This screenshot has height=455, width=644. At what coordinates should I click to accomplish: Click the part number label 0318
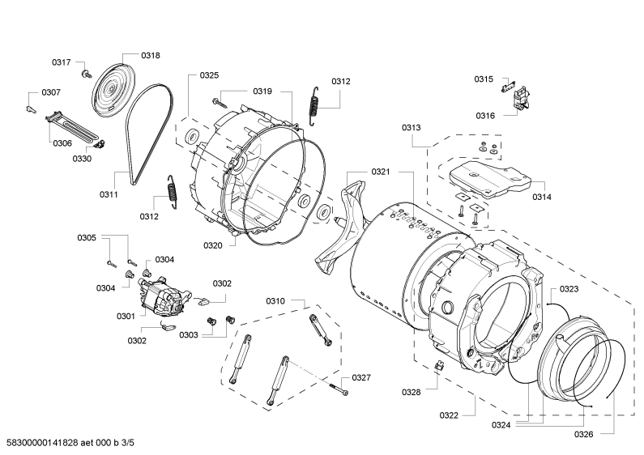pyautogui.click(x=151, y=56)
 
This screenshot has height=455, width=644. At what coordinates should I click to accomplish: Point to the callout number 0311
pyautogui.click(x=109, y=195)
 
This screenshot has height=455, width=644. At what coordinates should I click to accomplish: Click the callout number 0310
pyautogui.click(x=275, y=301)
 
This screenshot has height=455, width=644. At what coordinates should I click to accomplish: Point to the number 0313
pyautogui.click(x=411, y=128)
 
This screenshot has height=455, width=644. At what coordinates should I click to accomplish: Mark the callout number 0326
pyautogui.click(x=584, y=434)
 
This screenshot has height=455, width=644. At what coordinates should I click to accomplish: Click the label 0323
pyautogui.click(x=569, y=289)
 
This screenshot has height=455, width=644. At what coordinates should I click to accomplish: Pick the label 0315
pyautogui.click(x=484, y=79)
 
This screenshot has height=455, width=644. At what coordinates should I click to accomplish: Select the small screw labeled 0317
pyautogui.click(x=85, y=74)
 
